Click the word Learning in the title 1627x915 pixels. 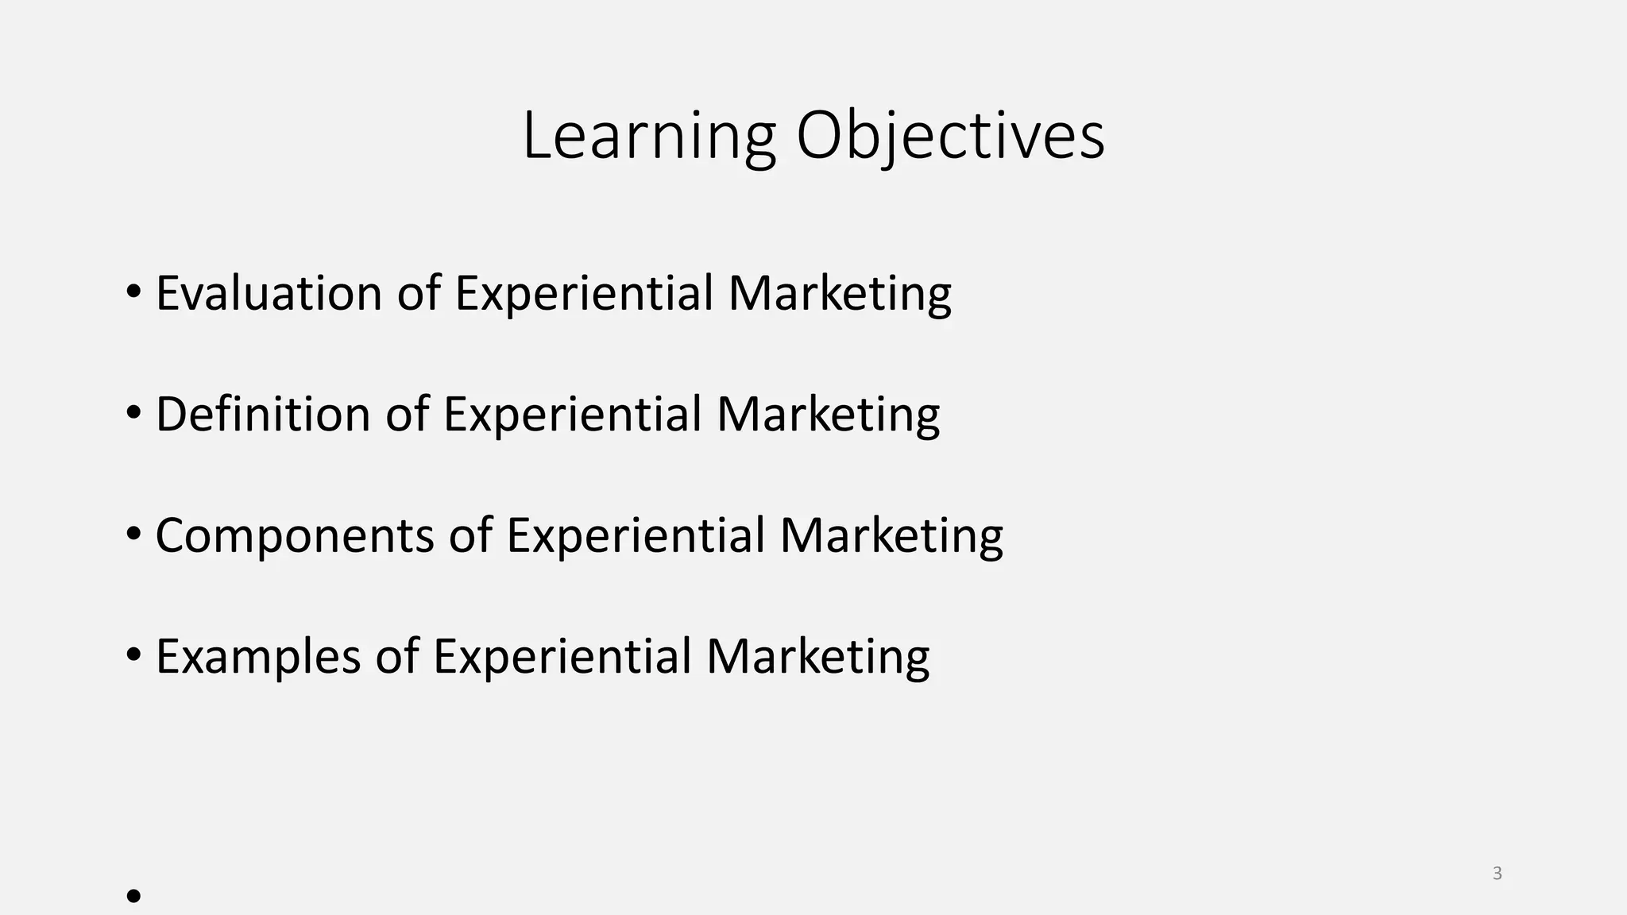click(x=648, y=137)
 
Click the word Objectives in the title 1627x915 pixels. click(x=950, y=137)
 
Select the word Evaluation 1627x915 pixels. click(x=269, y=293)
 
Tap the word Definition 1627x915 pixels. click(x=263, y=414)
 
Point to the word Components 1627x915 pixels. click(x=294, y=535)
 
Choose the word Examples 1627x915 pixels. click(x=258, y=657)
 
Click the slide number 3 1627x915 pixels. click(x=1498, y=874)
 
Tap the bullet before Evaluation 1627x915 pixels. click(x=133, y=291)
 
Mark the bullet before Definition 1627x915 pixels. click(x=133, y=412)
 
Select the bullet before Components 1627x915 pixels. click(x=133, y=534)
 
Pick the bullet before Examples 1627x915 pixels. click(x=133, y=655)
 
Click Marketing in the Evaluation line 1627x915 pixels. click(x=840, y=293)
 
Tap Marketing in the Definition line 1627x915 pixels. click(x=828, y=414)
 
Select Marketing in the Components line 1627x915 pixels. click(x=891, y=535)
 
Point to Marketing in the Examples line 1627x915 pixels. click(x=817, y=657)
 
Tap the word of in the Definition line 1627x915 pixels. click(x=407, y=414)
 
